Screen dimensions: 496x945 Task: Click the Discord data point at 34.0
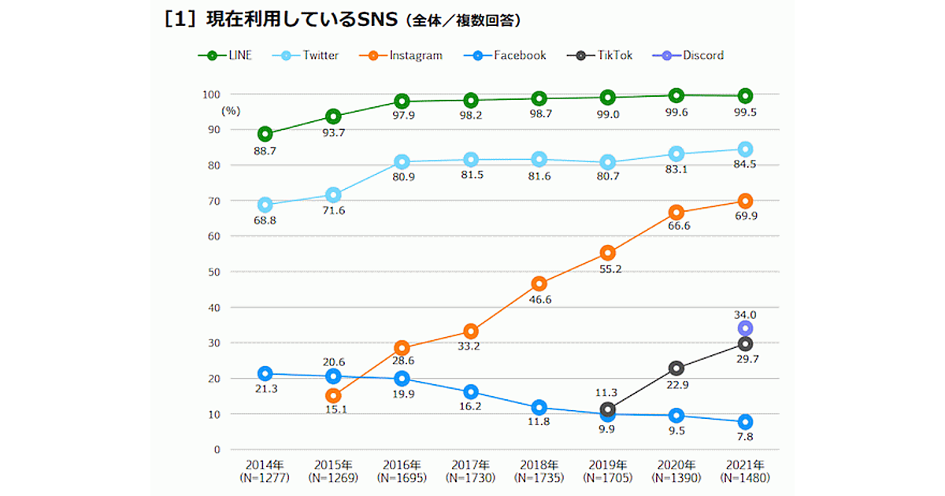pyautogui.click(x=745, y=328)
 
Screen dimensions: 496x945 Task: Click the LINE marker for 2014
pyautogui.click(x=265, y=134)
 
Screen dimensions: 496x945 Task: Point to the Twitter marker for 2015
pyautogui.click(x=333, y=194)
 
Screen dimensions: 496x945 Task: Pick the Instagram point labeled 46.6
pyautogui.click(x=539, y=283)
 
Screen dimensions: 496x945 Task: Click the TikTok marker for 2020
pyautogui.click(x=676, y=368)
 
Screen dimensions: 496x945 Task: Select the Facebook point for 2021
pyautogui.click(x=745, y=422)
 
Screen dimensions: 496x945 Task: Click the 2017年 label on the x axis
pyautogui.click(x=470, y=465)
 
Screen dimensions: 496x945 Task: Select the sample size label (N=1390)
pyautogui.click(x=676, y=478)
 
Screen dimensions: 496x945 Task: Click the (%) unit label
pyautogui.click(x=230, y=111)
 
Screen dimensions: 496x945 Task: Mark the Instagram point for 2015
pyautogui.click(x=333, y=395)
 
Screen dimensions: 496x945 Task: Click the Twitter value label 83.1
pyautogui.click(x=676, y=169)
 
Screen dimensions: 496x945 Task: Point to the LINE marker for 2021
pyautogui.click(x=745, y=96)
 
